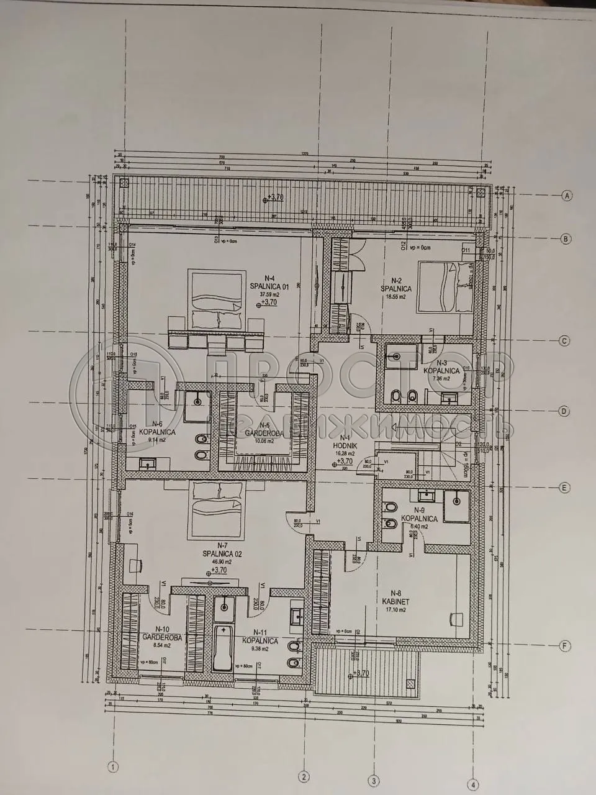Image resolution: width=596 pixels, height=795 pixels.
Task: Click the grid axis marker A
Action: [566, 196]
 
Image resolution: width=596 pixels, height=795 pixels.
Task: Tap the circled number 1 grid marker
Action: [112, 766]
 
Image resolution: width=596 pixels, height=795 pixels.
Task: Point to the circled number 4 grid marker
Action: [474, 784]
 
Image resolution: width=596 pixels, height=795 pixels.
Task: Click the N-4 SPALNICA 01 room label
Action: [265, 282]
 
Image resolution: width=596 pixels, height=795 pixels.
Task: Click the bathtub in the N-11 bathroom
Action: [223, 649]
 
